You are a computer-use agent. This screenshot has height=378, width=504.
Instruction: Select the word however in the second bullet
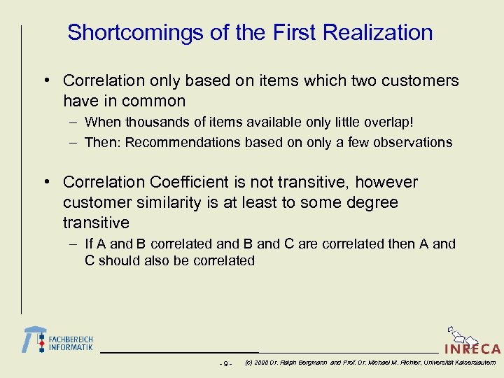386,183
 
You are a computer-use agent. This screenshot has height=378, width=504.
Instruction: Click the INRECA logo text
472,349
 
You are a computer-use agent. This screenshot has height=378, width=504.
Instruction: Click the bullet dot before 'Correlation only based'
45,81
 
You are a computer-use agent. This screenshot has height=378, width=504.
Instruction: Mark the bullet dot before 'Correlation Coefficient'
45,183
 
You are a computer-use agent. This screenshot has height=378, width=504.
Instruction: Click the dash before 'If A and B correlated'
73,244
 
